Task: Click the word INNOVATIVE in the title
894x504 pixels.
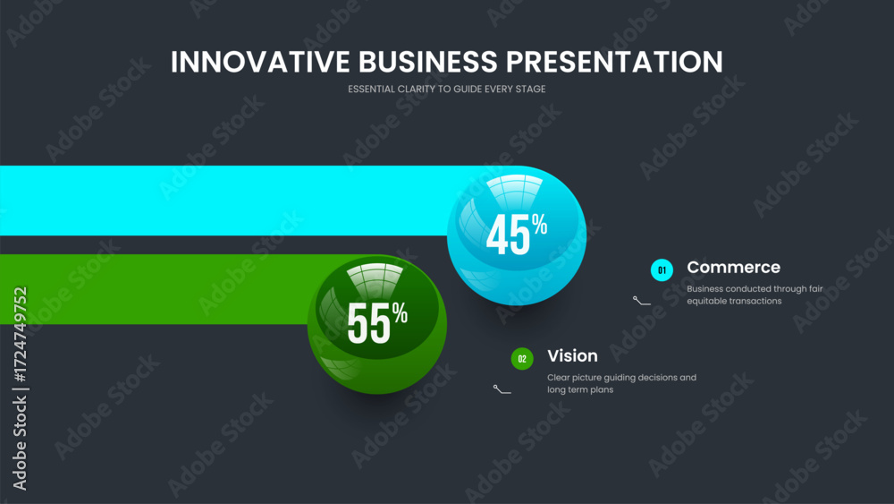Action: [260, 62]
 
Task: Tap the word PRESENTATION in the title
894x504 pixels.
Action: [615, 62]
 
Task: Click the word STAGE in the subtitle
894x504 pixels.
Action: [531, 89]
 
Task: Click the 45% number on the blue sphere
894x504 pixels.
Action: [517, 234]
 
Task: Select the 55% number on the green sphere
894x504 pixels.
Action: [377, 322]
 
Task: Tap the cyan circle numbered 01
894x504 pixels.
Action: [662, 270]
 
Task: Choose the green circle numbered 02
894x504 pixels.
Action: [522, 359]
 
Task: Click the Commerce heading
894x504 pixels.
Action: [733, 267]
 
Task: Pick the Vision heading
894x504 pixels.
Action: [572, 355]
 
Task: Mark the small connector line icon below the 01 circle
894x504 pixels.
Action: [641, 302]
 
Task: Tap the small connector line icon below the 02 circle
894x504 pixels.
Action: [502, 389]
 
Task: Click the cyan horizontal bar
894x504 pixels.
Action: [228, 201]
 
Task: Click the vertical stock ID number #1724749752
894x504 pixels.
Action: [21, 335]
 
